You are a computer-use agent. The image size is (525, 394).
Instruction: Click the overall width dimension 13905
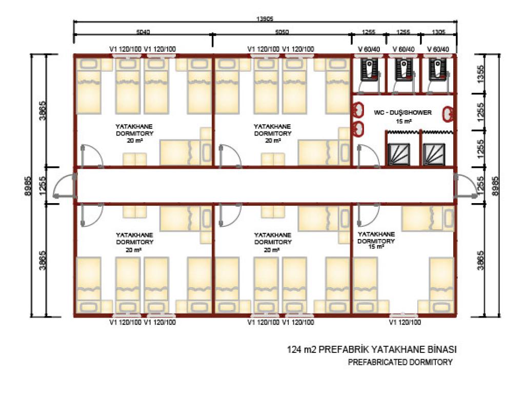tap(265, 19)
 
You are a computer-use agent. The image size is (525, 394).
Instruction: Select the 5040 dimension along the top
tap(143, 32)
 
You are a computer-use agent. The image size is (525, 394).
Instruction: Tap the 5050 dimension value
tap(282, 32)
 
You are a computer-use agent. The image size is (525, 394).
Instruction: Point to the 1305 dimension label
tap(438, 32)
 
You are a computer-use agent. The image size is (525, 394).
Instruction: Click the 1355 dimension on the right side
tap(480, 74)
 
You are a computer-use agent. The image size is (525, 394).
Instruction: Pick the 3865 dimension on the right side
tap(480, 260)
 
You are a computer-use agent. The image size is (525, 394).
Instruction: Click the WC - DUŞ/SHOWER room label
tap(402, 112)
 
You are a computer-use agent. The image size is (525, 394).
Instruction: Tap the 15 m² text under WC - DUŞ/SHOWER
tap(404, 121)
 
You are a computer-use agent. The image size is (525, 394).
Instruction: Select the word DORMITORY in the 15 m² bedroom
tap(376, 241)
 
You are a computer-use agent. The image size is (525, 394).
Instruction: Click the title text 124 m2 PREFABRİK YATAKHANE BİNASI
tap(372, 349)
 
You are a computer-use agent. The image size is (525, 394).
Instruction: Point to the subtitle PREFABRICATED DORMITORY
tap(400, 362)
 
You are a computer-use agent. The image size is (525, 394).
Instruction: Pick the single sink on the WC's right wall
tap(448, 114)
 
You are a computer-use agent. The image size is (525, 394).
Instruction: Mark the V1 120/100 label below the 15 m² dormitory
tap(405, 322)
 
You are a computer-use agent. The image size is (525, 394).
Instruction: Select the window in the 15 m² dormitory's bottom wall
tap(404, 316)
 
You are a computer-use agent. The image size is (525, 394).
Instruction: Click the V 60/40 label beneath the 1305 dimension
tap(438, 49)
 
